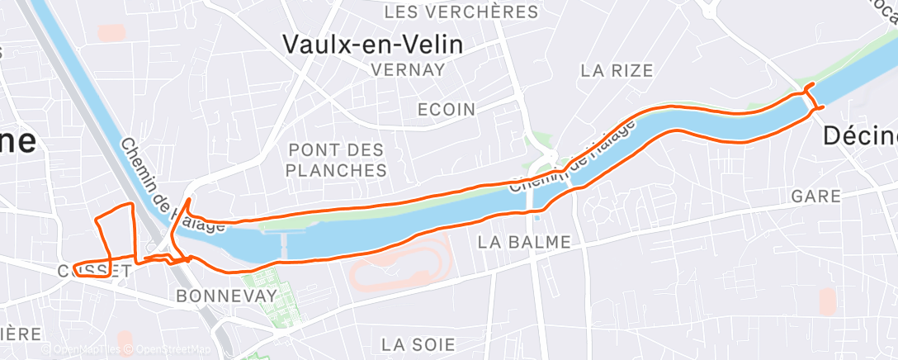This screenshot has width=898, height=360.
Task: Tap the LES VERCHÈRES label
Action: pos(461,12)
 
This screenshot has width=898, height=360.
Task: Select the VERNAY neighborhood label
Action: pos(409,70)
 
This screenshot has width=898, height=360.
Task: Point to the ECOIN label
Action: pos(447,110)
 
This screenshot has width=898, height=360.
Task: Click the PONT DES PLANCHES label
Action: pos(338,160)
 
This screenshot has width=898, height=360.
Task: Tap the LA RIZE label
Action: pos(617,71)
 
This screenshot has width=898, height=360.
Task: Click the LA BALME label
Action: pos(524,242)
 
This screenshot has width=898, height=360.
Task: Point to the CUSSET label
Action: pos(95,271)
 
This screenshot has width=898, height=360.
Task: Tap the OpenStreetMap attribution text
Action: pos(173,349)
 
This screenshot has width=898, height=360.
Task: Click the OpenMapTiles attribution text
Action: pos(87,349)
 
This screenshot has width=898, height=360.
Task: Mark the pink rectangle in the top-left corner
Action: pos(110,32)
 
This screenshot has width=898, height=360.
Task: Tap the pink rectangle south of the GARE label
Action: pos(827,301)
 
